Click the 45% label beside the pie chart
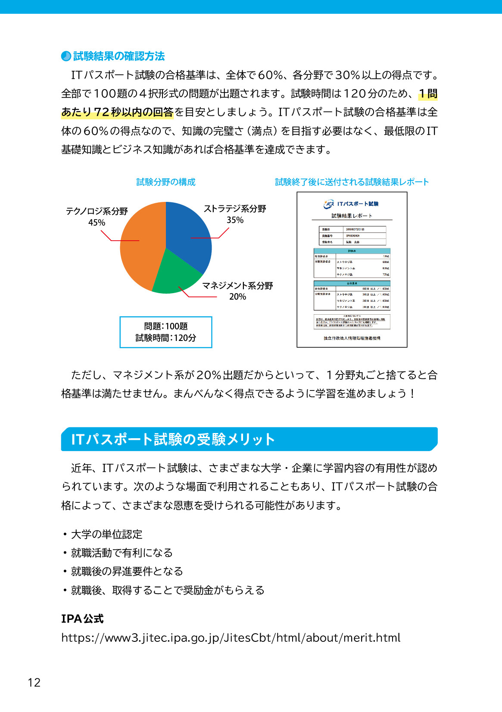[97, 223]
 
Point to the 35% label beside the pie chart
[235, 220]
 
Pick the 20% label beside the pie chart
[237, 297]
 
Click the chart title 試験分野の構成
[166, 182]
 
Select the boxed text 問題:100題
[166, 326]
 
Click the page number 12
[34, 682]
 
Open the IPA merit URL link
[231, 638]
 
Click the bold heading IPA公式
[82, 619]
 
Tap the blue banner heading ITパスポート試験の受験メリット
[172, 439]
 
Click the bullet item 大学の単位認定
[106, 534]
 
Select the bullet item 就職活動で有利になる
[122, 553]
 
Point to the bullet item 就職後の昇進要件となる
[127, 571]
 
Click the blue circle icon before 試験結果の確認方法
[66, 56]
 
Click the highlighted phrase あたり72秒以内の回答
[117, 112]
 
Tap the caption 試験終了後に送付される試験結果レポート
[352, 182]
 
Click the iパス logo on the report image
[329, 204]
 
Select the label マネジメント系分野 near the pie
[237, 286]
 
